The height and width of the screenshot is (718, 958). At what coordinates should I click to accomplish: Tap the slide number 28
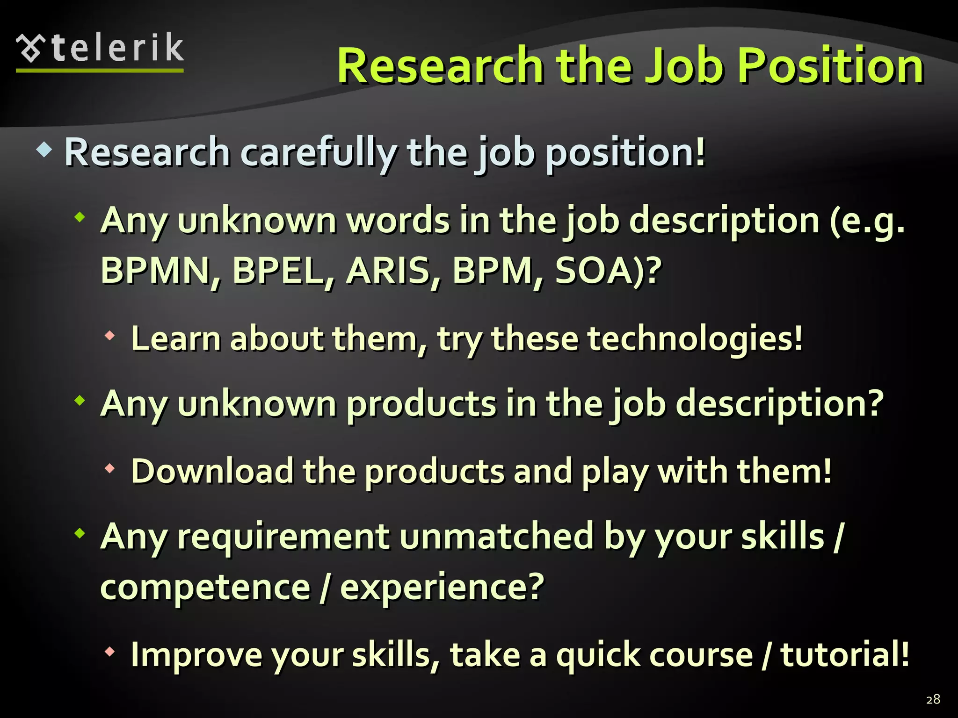(x=933, y=699)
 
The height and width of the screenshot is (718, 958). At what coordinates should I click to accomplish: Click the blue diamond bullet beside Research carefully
(x=44, y=151)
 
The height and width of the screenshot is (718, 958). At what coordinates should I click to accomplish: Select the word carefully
(x=318, y=153)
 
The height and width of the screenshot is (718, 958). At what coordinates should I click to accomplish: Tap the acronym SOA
(x=600, y=271)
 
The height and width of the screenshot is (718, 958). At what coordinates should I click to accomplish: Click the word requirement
(x=283, y=537)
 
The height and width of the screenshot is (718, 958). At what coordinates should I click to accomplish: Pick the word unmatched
(x=496, y=537)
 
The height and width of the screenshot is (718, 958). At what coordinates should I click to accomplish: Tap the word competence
(x=206, y=588)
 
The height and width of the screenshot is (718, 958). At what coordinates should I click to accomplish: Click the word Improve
(x=196, y=654)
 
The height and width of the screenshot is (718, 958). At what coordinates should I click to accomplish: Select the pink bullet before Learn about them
(x=110, y=336)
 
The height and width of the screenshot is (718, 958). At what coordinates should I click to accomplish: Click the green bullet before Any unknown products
(x=80, y=401)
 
